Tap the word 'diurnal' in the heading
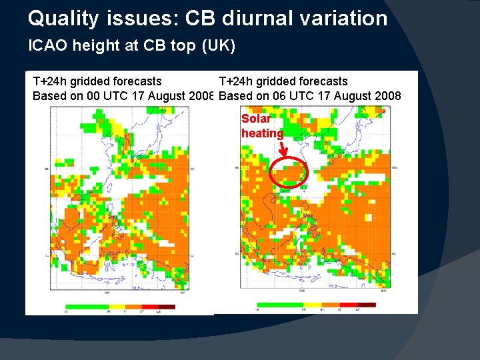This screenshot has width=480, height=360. pyautogui.click(x=256, y=18)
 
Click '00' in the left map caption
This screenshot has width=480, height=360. pyautogui.click(x=95, y=96)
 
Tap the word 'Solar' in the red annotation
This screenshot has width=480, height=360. pyautogui.click(x=256, y=119)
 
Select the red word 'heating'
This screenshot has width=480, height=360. pyautogui.click(x=262, y=133)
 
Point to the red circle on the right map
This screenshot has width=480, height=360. pyautogui.click(x=289, y=173)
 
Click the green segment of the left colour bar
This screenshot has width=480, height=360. pyautogui.click(x=87, y=306)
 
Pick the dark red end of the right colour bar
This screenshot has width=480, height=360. pyautogui.click(x=367, y=305)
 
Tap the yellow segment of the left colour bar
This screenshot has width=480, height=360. pyautogui.click(x=119, y=306)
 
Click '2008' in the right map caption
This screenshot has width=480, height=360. pyautogui.click(x=386, y=96)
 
